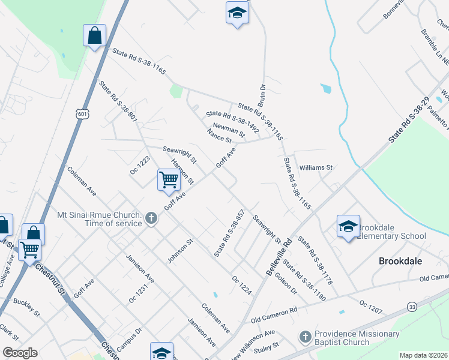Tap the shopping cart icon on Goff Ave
pos(169,179)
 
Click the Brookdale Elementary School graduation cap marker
pos(348,226)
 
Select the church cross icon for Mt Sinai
pos(151,219)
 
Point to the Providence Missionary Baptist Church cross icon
pos(304,338)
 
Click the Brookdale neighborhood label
pos(402,261)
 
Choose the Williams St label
pos(316,167)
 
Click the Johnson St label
pos(180,251)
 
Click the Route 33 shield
pos(412,307)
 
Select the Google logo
pos(20,353)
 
